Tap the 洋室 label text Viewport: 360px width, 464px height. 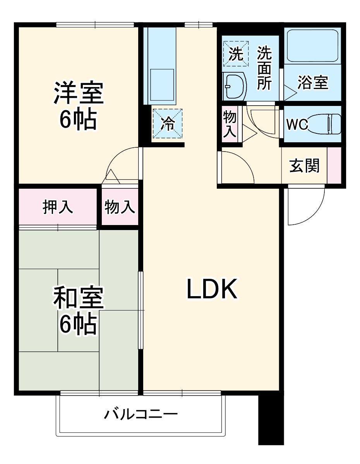coord(78,93)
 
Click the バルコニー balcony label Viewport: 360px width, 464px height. coord(141,415)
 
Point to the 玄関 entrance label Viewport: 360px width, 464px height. coord(305,166)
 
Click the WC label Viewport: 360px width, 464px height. coord(297,125)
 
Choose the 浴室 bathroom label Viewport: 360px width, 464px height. coord(313,83)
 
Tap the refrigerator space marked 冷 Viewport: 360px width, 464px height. coord(167,123)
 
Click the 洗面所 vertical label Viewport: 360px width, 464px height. coord(265,68)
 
